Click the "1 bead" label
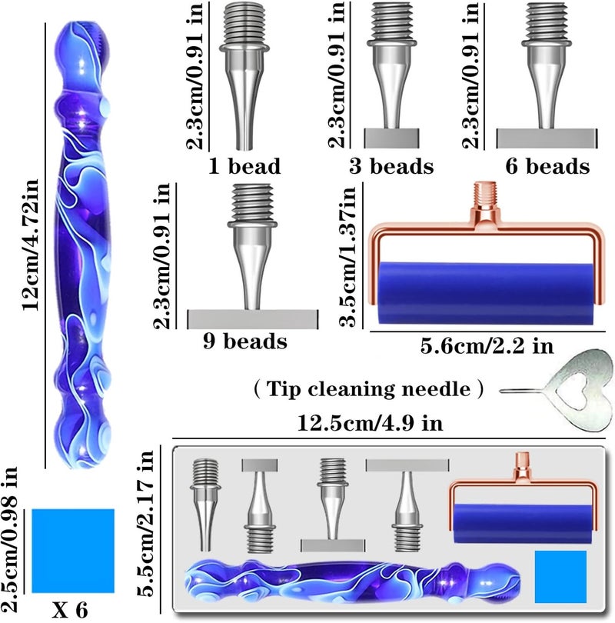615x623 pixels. (x=244, y=165)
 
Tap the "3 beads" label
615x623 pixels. (x=391, y=165)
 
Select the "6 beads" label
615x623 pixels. (x=547, y=165)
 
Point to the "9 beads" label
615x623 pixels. (x=245, y=341)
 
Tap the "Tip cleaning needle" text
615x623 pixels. (x=368, y=388)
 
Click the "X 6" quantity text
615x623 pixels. (x=69, y=609)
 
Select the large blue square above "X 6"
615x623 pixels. (x=73, y=551)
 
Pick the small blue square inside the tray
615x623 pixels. (x=560, y=577)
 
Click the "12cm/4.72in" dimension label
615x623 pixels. (x=30, y=245)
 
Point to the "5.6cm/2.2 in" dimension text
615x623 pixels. (x=487, y=345)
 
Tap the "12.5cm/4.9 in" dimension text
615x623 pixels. (x=370, y=423)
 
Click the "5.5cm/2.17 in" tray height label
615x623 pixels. (x=145, y=523)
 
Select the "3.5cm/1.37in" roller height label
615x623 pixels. (x=347, y=256)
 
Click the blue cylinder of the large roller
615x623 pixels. (x=486, y=292)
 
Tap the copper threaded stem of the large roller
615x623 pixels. (x=485, y=194)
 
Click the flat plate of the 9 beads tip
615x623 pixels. (x=252, y=319)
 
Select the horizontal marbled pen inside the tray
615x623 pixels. (x=353, y=581)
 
